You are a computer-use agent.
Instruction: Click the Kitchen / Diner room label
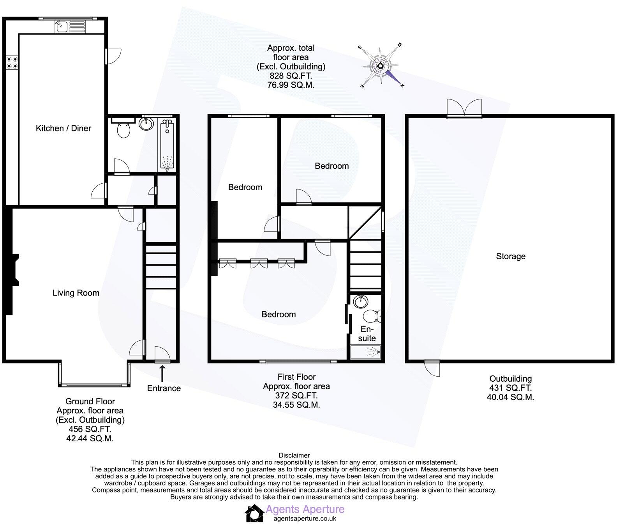(x=63, y=128)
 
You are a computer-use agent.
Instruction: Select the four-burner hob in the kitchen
(x=12, y=63)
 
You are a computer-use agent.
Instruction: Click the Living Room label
(x=76, y=293)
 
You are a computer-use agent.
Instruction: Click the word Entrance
(x=164, y=388)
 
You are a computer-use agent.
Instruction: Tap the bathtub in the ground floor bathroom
(x=168, y=145)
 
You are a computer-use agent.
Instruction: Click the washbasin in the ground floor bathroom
(x=146, y=124)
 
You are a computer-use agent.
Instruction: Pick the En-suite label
(x=367, y=334)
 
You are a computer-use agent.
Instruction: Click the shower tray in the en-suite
(x=366, y=353)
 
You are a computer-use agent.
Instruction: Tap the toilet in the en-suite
(x=372, y=315)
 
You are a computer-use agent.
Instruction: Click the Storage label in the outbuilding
(x=510, y=256)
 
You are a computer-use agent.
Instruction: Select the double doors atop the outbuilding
(x=464, y=108)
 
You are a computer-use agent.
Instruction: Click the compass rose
(x=380, y=65)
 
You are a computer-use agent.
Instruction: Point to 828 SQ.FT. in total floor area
(x=291, y=76)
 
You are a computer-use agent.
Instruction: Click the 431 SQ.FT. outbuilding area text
(x=510, y=388)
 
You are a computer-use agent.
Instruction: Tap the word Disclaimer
(x=294, y=455)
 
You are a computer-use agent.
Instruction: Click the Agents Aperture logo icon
(x=254, y=513)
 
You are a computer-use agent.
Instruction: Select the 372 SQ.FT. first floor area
(x=296, y=396)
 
